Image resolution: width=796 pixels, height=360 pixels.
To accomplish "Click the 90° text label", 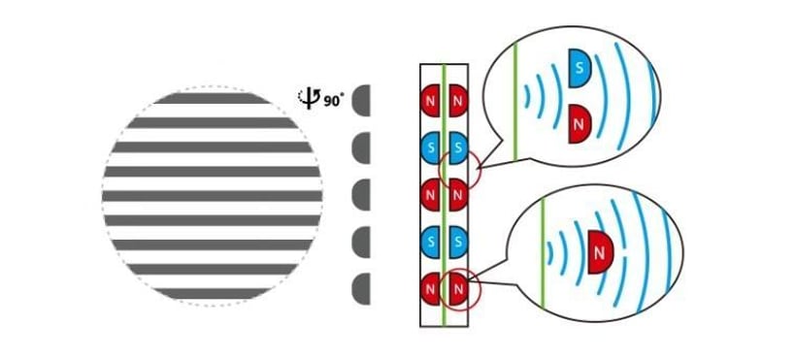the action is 334,101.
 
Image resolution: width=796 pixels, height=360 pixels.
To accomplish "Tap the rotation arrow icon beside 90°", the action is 308,99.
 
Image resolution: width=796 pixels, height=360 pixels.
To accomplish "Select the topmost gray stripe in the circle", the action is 212,98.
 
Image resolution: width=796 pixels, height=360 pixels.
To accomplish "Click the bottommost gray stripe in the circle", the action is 212,293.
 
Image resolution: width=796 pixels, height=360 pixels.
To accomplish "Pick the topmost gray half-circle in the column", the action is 361,101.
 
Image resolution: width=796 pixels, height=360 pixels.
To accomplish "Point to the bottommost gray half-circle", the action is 361,289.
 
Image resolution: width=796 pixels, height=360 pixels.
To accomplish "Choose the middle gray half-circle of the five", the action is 361,195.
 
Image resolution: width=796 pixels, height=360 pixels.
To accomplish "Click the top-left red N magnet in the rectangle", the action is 431,101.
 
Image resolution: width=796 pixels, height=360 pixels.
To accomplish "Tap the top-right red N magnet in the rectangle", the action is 456,101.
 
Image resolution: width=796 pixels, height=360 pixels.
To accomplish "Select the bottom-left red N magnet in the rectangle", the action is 431,289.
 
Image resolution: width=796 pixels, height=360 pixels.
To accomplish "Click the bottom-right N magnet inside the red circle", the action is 456,289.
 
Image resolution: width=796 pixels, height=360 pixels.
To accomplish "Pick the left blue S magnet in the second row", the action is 431,148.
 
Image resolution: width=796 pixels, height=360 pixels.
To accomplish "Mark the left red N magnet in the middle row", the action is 431,195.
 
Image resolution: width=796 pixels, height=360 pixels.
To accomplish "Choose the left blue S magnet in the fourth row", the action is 431,243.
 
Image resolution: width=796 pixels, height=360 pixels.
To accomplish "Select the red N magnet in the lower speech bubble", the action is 600,252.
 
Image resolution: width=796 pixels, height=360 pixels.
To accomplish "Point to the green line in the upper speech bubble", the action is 515,102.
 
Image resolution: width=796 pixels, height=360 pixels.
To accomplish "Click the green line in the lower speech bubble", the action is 543,253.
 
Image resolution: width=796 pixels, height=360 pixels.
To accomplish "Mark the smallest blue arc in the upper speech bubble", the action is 527,96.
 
